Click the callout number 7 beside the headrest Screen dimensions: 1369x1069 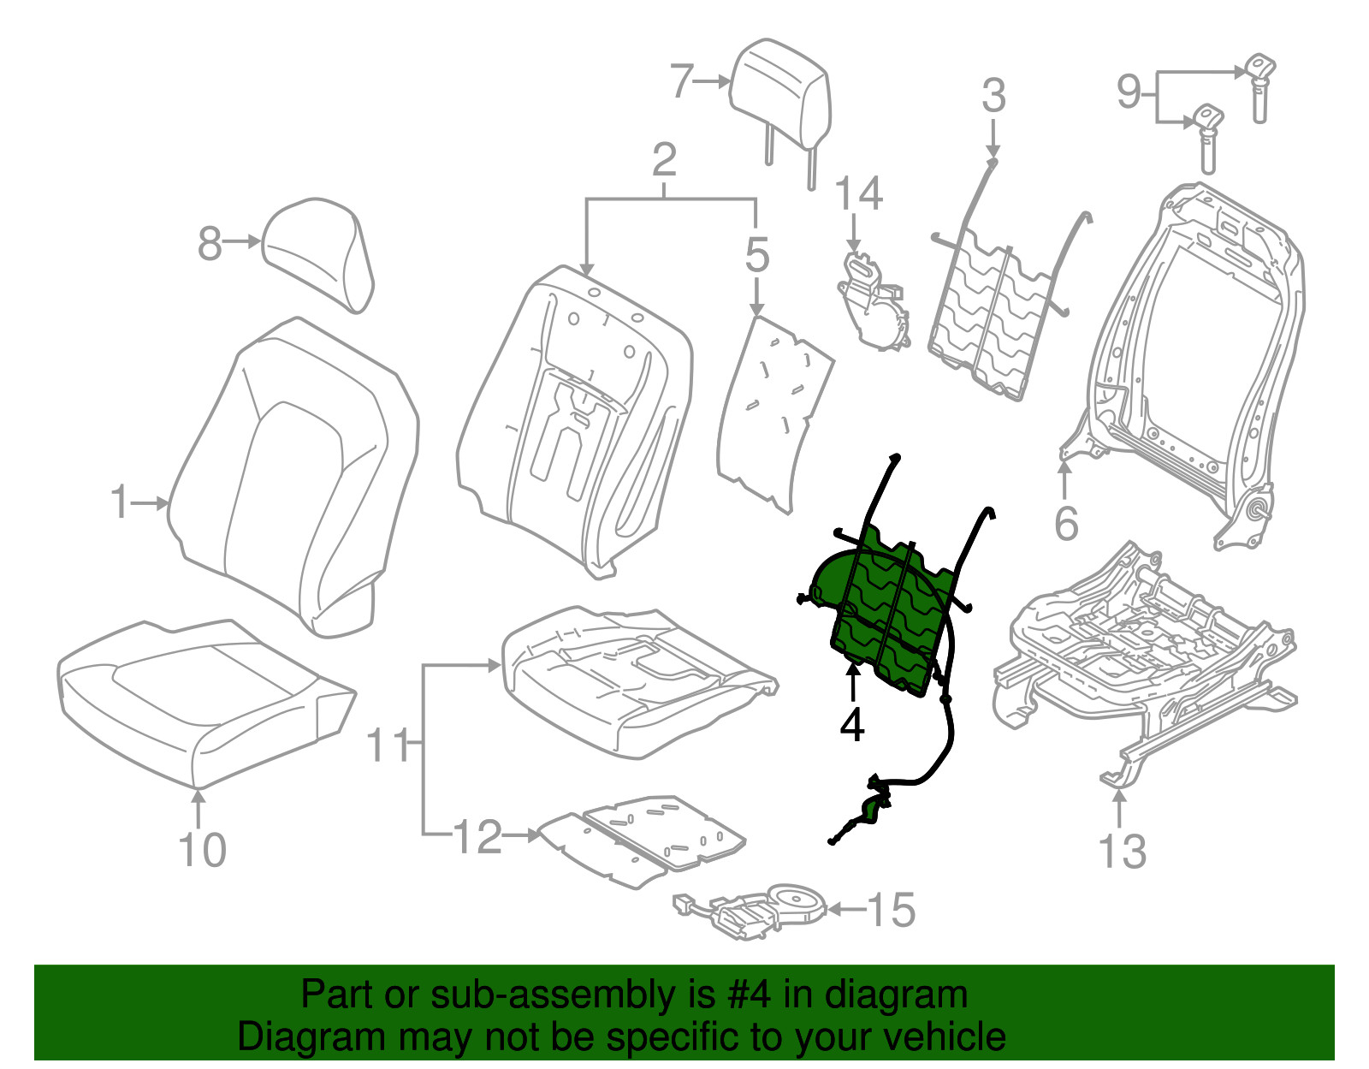coord(682,81)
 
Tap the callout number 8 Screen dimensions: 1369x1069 coord(210,243)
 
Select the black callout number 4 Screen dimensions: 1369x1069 coord(851,725)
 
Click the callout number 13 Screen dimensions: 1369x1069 coord(1122,851)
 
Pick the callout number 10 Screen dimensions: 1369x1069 coord(202,850)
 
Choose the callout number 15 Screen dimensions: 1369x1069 coord(892,910)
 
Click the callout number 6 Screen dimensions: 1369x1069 coord(1066,523)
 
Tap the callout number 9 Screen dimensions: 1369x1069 coord(1129,92)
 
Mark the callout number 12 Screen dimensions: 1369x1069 coord(478,836)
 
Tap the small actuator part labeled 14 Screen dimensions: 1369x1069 coord(874,300)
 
